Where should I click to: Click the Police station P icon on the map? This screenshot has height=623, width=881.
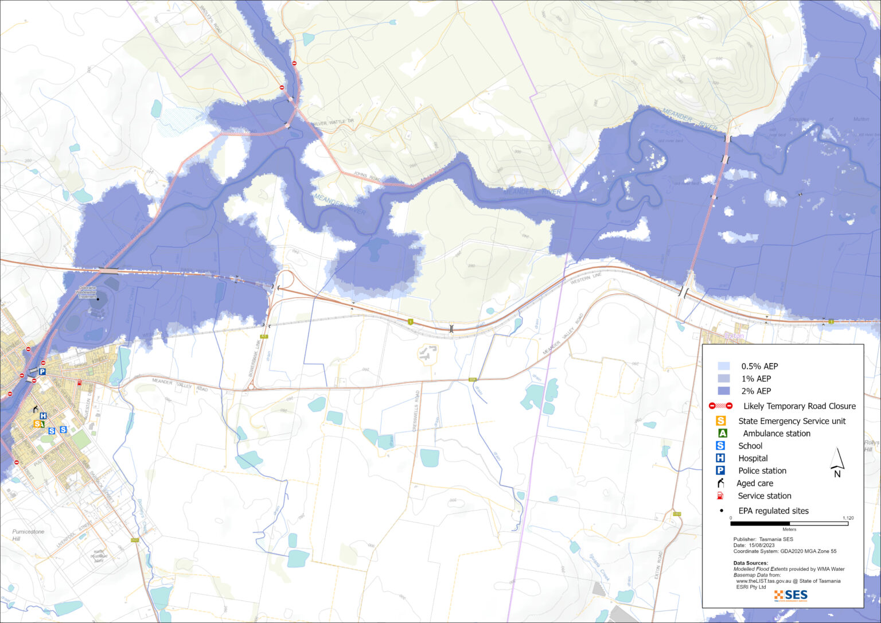[42, 372]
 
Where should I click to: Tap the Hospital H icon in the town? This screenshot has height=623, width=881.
[43, 416]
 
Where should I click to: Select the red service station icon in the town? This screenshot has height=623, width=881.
[80, 383]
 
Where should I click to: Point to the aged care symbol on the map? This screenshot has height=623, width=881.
[36, 409]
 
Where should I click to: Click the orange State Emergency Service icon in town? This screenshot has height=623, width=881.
[37, 424]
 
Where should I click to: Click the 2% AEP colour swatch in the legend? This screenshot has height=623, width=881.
[724, 391]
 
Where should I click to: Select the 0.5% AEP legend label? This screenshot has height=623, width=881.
[759, 366]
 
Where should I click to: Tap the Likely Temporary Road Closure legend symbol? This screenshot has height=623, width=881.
[720, 406]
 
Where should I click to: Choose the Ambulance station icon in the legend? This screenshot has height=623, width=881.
[722, 433]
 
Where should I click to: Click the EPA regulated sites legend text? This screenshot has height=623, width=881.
[773, 511]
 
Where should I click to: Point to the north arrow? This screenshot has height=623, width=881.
[837, 462]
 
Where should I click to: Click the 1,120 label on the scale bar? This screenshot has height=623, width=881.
[848, 518]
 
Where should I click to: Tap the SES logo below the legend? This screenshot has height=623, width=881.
[791, 595]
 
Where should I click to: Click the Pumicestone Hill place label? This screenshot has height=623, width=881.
[28, 535]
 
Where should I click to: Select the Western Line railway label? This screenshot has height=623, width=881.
[586, 279]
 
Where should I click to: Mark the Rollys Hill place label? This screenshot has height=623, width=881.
[871, 446]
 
